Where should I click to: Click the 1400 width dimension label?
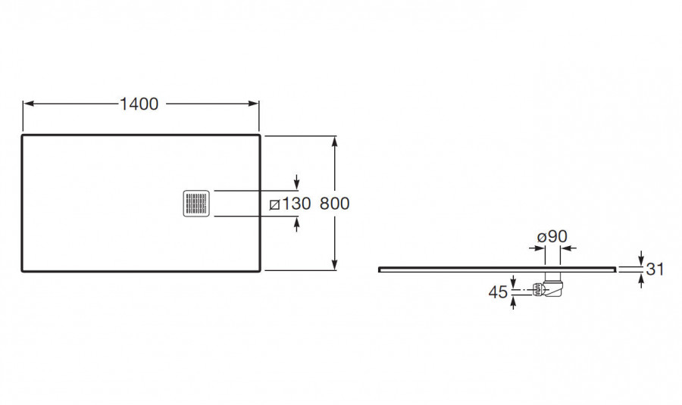pos(139,104)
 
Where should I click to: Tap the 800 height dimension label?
pos(334,204)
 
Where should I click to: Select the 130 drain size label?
pos(296,204)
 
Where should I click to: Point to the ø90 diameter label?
pos(552,236)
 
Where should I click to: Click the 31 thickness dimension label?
pos(655,269)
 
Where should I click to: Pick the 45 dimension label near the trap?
pos(498,292)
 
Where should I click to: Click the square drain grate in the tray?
pos(196,203)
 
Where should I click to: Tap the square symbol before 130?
pos(274,204)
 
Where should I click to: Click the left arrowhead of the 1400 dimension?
pos(29,104)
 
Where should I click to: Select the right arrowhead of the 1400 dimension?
pos(254,104)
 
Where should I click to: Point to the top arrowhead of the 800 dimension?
pos(334,142)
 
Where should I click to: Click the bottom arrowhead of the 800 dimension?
pos(334,264)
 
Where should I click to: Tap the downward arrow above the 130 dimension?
pos(296,182)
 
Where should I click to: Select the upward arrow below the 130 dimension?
pos(296,224)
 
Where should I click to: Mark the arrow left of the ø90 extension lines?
pos(537,248)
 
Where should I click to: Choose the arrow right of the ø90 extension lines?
pos(568,248)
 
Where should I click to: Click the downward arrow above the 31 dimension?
pos(640,258)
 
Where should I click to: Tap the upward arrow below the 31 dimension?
pos(640,280)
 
